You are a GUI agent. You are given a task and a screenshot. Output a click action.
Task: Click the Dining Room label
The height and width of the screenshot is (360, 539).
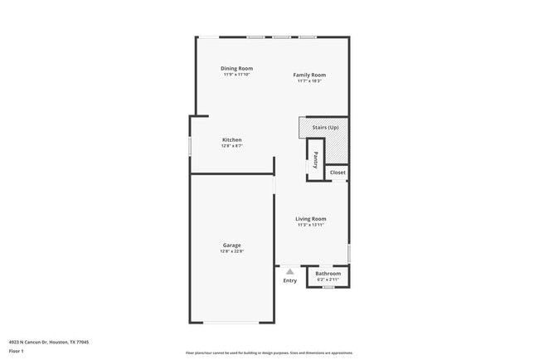236,68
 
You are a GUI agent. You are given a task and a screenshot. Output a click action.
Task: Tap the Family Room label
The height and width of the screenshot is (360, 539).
308,75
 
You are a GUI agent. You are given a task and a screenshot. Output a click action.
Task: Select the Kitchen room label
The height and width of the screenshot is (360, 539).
232,139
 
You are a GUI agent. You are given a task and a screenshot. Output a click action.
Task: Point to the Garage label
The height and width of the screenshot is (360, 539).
232,245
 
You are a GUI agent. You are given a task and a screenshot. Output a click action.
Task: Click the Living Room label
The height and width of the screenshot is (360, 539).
311,219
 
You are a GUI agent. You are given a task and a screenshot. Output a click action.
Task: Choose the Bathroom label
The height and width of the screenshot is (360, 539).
328,273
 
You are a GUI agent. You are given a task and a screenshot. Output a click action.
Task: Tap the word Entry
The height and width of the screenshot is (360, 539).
289,280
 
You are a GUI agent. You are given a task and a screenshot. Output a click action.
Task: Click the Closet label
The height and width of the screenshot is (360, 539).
337,173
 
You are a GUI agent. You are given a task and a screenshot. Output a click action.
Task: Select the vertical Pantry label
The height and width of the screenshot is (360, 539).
316,159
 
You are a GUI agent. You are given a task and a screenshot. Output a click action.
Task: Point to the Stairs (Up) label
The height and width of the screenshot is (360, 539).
325,127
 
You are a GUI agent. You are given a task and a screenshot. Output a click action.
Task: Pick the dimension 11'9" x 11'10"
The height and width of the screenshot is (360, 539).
236,75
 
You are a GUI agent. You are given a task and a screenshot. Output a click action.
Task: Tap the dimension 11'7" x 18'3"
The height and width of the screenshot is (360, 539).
308,80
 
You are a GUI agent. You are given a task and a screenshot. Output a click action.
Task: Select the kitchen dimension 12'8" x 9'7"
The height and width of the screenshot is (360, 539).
232,146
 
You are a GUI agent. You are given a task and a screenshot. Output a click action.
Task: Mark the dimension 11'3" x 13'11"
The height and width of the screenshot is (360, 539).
311,225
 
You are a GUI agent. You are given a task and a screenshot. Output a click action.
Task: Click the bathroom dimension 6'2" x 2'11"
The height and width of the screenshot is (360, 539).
328,280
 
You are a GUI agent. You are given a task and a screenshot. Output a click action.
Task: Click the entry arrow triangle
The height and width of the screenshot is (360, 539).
289,270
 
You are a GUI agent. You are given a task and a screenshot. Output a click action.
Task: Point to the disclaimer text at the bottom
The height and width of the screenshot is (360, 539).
269,353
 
